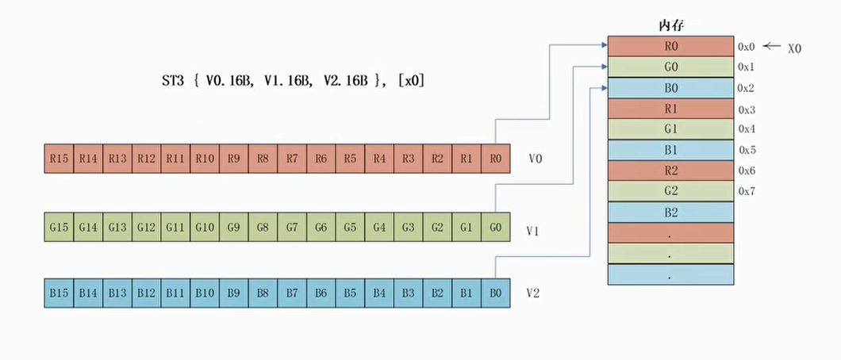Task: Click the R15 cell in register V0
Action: coord(59,159)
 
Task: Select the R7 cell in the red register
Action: coord(292,159)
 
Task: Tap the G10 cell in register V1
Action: coord(205,227)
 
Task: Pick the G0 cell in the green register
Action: coord(496,227)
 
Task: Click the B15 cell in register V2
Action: coord(59,293)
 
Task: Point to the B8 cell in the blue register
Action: coord(263,293)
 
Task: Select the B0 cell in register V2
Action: coord(496,293)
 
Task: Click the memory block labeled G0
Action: coord(670,67)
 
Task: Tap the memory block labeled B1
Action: coord(670,150)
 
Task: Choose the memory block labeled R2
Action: coord(670,170)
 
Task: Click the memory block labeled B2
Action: coord(670,213)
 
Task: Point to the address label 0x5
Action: coord(747,150)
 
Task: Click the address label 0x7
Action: coord(747,191)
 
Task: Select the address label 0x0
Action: coord(747,47)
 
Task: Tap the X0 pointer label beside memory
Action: coord(795,48)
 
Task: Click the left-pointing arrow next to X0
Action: coord(772,46)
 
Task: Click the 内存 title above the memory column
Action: coord(670,25)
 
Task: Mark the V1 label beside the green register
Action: coord(532,232)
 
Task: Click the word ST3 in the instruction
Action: coord(173,81)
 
